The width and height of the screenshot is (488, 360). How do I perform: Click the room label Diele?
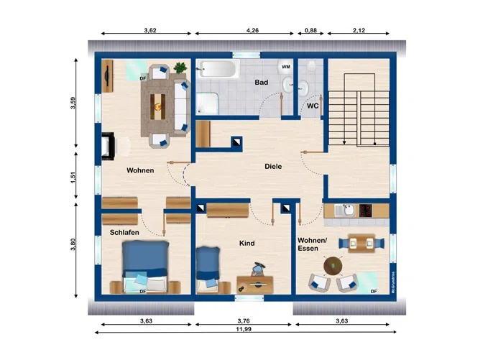pyautogui.click(x=273, y=166)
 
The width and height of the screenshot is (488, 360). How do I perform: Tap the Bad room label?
pyautogui.click(x=262, y=83)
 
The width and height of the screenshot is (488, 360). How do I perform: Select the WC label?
pyautogui.click(x=313, y=106)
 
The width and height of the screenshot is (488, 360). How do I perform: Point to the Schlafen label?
pyautogui.click(x=124, y=233)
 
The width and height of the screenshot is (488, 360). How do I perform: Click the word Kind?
pyautogui.click(x=247, y=244)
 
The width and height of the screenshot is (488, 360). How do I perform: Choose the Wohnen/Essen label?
pyautogui.click(x=312, y=244)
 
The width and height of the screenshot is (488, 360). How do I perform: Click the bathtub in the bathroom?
pyautogui.click(x=218, y=70)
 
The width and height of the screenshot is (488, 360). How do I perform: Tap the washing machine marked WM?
pyautogui.click(x=286, y=67)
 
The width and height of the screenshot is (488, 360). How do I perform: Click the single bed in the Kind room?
pyautogui.click(x=208, y=267)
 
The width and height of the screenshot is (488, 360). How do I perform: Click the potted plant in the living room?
pyautogui.click(x=179, y=68)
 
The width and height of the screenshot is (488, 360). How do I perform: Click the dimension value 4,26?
pyautogui.click(x=252, y=31)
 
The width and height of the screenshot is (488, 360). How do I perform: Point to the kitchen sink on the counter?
pyautogui.click(x=348, y=211)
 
